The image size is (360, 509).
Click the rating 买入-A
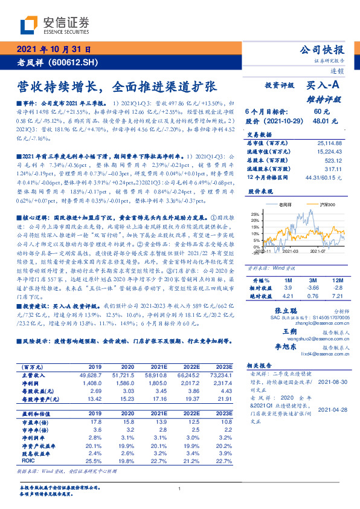(324, 86)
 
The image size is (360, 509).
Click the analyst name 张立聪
(275, 308)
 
